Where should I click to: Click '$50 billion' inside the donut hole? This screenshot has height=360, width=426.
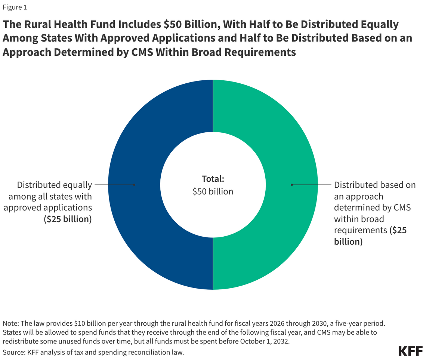click(213, 191)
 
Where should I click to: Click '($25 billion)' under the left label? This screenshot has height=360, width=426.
click(68, 219)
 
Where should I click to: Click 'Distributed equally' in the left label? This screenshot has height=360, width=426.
click(54, 185)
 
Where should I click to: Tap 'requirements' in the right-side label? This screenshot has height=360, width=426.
click(359, 230)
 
